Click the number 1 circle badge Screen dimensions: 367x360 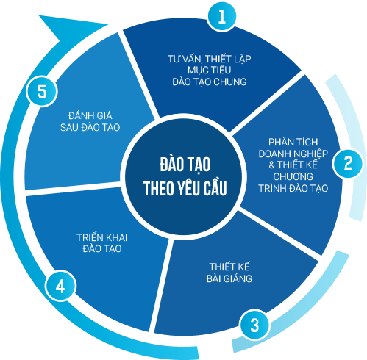[222, 16]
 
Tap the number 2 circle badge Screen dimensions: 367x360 [348, 163]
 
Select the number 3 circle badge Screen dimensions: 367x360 [254, 325]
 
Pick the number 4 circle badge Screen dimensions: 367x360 [60, 286]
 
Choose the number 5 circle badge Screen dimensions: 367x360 [42, 92]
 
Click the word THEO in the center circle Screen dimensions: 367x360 [160, 189]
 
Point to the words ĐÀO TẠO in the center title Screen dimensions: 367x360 [185, 165]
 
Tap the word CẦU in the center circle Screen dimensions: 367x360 [215, 188]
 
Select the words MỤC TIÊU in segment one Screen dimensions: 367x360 [209, 70]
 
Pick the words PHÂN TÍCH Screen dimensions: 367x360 [293, 142]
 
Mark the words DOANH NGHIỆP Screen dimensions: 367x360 [293, 154]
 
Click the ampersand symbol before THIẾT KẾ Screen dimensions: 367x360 [271, 165]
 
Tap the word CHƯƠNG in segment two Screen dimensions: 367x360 [293, 176]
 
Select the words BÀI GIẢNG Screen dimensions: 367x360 [229, 278]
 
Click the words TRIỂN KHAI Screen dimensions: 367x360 [101, 237]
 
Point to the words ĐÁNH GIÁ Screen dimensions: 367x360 [90, 115]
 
